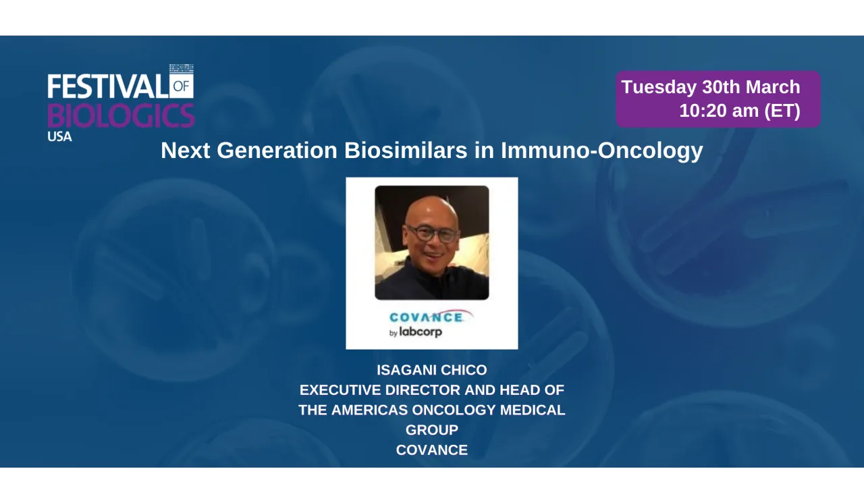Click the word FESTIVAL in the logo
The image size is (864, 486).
tap(107, 86)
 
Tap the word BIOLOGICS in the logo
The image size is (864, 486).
tap(121, 115)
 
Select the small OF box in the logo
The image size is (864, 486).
tap(182, 85)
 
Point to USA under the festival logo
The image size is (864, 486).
tap(59, 136)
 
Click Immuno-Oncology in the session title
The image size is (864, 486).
tap(601, 151)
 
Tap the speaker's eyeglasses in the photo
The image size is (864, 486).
tap(431, 234)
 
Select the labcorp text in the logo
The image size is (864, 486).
tap(420, 332)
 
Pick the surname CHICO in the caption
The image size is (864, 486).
tap(466, 370)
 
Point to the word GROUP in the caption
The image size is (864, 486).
tap(431, 430)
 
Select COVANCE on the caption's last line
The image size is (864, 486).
tap(431, 450)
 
